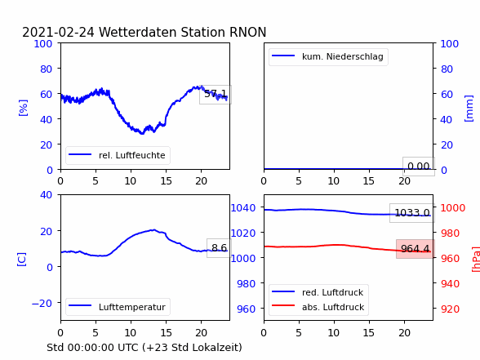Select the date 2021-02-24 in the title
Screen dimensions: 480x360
point(59,32)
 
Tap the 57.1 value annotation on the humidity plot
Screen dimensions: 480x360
point(216,94)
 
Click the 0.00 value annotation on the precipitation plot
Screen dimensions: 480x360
point(419,167)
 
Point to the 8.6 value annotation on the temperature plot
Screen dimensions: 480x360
point(219,247)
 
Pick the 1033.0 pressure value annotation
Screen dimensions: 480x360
point(412,213)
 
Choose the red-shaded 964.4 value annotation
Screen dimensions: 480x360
point(416,249)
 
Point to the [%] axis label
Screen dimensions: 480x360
point(23,108)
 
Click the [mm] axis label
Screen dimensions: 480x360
point(469,109)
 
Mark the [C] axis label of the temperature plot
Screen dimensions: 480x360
point(21,260)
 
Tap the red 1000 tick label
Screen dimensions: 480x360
point(452,208)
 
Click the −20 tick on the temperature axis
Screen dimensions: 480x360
point(42,303)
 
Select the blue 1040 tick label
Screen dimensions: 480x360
point(243,208)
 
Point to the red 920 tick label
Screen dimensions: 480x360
point(450,309)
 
